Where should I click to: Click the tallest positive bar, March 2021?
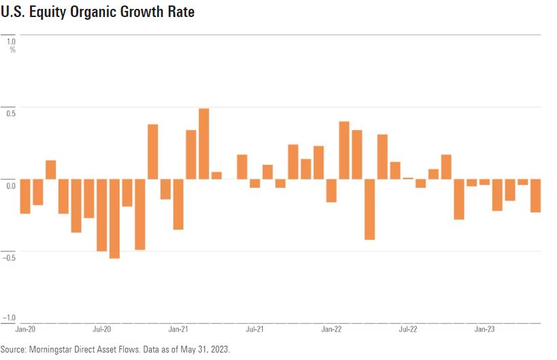point(204,144)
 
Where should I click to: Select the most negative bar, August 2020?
point(114,218)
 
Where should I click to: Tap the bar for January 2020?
point(25,196)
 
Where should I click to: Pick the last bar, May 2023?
point(535,195)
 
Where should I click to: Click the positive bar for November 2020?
point(153,152)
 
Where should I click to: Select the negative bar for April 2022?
point(370,209)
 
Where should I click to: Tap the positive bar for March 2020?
point(50,169)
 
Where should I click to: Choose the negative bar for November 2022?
point(459,199)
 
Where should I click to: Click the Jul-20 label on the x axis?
point(101,329)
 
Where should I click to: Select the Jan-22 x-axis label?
point(331,329)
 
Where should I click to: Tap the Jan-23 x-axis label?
point(484,329)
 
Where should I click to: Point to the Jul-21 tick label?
point(255,329)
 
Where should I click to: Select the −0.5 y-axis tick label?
point(10,257)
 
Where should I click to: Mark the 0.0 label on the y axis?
point(10,184)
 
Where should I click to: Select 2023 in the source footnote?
point(220,348)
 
